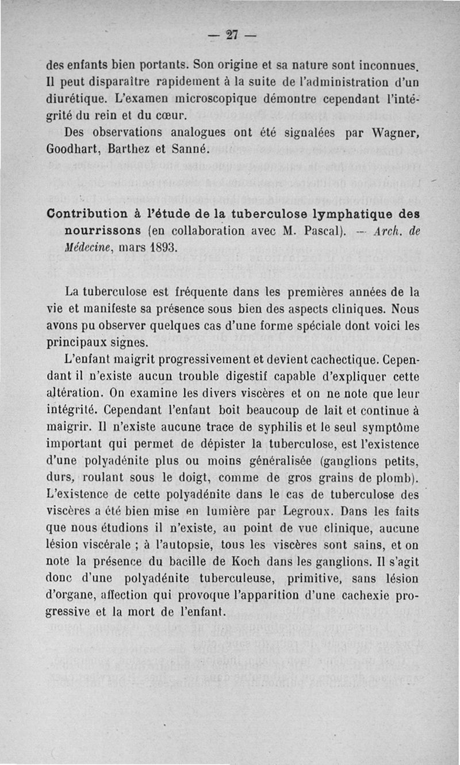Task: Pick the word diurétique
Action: tap(75, 93)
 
